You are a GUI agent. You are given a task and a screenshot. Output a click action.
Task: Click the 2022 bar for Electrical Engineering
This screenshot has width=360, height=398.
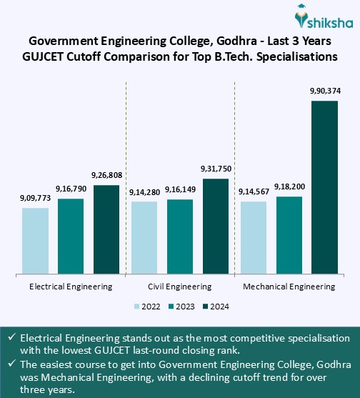click(x=35, y=240)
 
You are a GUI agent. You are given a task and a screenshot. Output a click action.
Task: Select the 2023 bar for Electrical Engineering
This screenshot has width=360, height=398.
click(x=71, y=235)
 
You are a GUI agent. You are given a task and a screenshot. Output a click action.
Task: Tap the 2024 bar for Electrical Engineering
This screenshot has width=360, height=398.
click(x=106, y=229)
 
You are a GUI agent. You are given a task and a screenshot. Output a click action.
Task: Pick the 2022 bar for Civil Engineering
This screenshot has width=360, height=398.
click(x=144, y=237)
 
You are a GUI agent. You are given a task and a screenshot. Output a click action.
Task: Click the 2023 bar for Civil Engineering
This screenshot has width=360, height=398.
click(x=180, y=236)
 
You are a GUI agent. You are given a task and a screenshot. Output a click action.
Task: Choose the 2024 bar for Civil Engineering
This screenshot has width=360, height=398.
click(x=216, y=225)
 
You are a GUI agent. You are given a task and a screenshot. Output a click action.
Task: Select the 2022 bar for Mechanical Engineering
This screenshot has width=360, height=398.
click(x=253, y=237)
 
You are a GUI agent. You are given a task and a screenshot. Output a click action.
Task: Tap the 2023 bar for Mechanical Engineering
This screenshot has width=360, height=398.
click(x=289, y=234)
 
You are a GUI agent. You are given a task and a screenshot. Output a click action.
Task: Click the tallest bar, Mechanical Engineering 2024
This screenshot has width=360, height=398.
click(x=324, y=186)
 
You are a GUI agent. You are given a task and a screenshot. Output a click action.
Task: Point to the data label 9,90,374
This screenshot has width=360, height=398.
click(x=324, y=92)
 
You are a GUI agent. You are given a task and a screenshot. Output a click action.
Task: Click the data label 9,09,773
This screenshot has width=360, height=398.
click(x=35, y=199)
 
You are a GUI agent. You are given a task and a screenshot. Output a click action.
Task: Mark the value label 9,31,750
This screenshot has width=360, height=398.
click(x=216, y=169)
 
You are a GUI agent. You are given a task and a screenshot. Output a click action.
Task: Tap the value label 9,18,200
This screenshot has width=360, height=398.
click(x=289, y=186)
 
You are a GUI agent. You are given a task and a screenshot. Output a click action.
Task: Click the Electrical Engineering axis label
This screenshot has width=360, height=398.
click(x=71, y=287)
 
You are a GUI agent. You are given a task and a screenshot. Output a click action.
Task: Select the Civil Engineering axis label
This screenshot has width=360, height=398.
click(x=180, y=287)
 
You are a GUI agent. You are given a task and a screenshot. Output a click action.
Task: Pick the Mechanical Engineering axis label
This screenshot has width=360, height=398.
click(x=289, y=287)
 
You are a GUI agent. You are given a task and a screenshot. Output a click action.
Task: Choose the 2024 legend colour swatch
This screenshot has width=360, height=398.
click(x=205, y=307)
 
